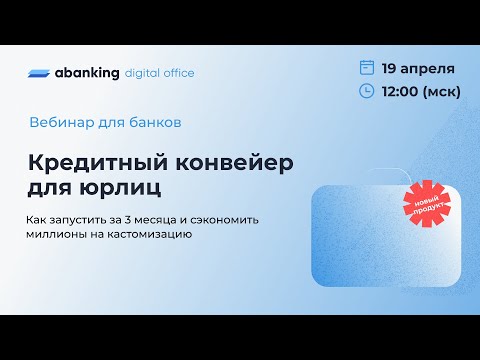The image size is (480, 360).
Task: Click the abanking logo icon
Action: [x=44, y=73]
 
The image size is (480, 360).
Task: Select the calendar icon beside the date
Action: [x=367, y=68]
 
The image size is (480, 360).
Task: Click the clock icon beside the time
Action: [x=367, y=92]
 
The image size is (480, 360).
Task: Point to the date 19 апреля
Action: [x=420, y=69]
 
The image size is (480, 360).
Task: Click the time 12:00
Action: [x=404, y=92]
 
